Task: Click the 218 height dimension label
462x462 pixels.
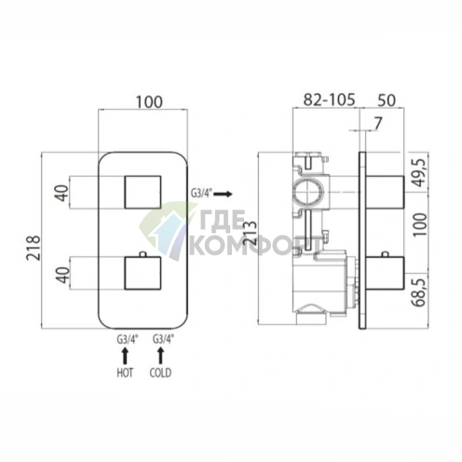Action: [x=34, y=248]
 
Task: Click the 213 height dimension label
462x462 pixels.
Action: [x=251, y=233]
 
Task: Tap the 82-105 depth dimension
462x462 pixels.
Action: [x=329, y=100]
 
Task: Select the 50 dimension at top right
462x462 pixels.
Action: [x=387, y=101]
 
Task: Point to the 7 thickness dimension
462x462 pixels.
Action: [x=377, y=124]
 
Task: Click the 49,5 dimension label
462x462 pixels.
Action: [x=419, y=172]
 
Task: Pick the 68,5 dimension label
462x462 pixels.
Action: [x=419, y=292]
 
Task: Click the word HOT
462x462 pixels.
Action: [x=125, y=373]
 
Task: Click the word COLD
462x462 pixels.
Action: [x=160, y=373]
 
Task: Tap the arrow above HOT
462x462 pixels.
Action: [x=125, y=356]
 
